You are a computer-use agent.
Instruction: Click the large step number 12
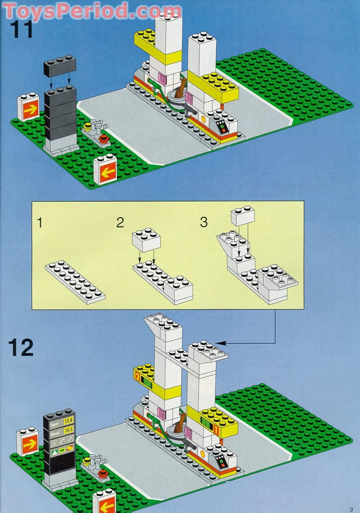21,347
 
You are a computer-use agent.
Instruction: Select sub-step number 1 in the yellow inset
40,222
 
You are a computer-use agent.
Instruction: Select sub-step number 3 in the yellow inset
204,222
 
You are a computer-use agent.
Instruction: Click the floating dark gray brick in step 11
59,66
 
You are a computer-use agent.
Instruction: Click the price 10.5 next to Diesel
68,430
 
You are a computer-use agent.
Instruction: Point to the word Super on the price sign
54,423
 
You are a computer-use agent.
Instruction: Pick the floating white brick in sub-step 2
147,242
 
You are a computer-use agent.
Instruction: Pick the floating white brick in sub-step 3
243,217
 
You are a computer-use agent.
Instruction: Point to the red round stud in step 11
104,139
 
